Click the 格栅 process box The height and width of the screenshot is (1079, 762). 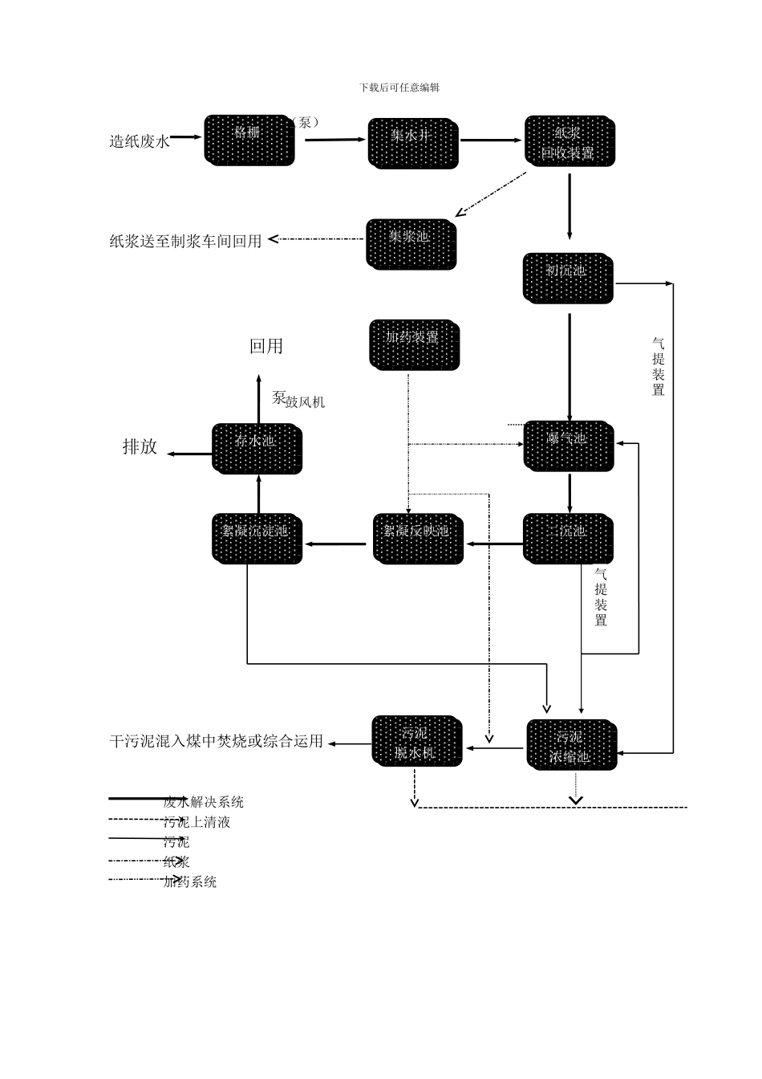249,140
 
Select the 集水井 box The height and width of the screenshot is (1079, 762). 413,143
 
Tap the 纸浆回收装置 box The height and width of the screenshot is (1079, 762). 569,142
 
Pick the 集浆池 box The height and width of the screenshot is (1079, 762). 411,244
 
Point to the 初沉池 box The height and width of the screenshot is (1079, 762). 568,279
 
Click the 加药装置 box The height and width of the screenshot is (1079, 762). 414,344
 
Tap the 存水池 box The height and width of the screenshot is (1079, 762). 257,448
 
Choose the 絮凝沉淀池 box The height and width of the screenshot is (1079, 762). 257,539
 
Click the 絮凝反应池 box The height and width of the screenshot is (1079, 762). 418,539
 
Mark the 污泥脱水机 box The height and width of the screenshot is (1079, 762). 417,741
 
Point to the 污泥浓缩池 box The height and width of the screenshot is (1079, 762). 571,745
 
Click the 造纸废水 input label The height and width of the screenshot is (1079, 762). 140,141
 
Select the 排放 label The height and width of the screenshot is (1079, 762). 140,447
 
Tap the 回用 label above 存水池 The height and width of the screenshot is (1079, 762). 265,346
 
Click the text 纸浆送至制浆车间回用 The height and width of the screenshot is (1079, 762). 185,241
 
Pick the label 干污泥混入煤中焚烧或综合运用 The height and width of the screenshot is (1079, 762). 216,741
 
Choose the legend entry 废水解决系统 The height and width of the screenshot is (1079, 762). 203,801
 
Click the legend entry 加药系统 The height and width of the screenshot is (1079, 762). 189,882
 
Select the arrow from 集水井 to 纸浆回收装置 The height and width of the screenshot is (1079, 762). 491,140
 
